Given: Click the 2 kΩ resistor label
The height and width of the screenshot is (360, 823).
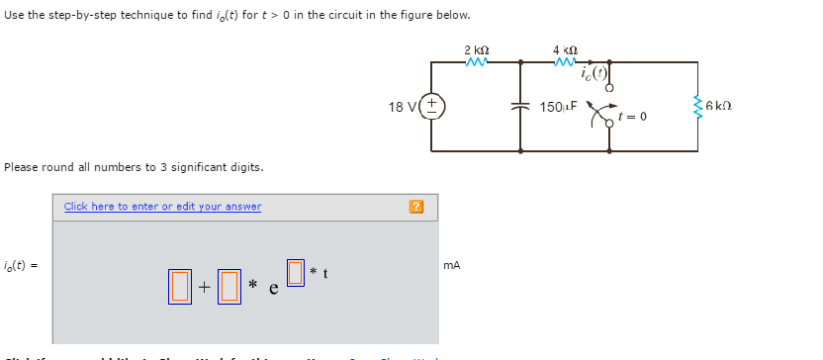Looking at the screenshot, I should point(476,49).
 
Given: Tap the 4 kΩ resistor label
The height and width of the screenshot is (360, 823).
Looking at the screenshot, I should point(565,49).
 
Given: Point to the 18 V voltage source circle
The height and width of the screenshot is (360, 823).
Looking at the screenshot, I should point(433,106).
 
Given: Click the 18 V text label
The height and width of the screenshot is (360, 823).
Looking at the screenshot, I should point(402,105).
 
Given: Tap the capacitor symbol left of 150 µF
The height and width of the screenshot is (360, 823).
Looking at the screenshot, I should point(521,106).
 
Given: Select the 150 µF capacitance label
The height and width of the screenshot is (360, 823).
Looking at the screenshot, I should point(559,105).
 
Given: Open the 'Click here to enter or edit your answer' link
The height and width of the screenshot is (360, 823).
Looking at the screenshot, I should point(162,207).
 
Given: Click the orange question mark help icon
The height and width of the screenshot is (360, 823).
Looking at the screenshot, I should point(416,207).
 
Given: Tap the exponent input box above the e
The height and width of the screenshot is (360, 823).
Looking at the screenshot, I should point(294,269).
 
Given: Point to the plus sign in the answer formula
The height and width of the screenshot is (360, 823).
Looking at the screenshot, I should point(203,287).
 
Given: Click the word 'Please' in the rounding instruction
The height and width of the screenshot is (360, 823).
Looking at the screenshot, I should point(21,166).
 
